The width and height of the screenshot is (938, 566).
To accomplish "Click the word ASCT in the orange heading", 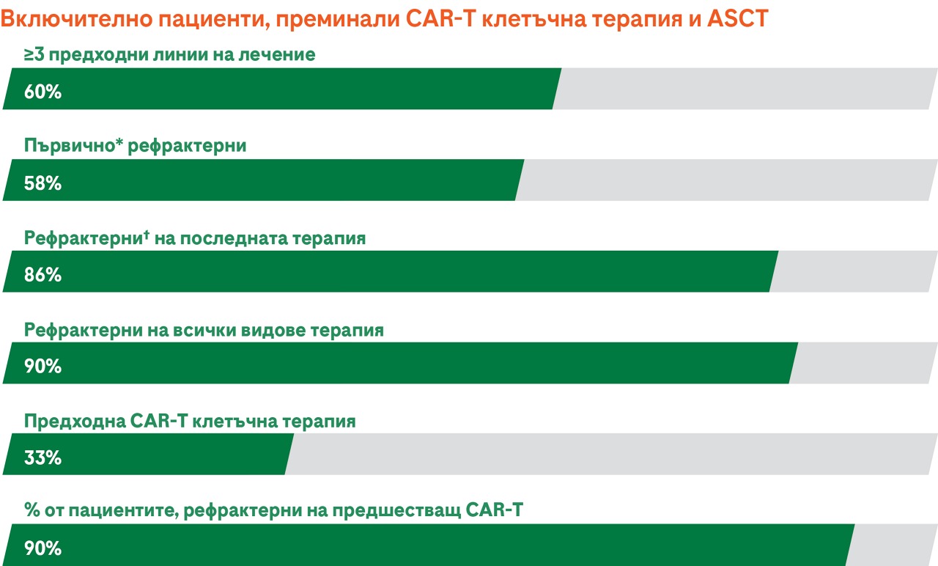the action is pos(737,18).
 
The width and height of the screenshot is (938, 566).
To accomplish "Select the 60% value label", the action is pos(43,92).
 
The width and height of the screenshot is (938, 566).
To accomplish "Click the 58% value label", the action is pos(43,183).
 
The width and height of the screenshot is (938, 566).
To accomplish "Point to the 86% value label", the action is pos(43,275).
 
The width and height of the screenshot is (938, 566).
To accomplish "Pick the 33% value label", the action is pos(43,457).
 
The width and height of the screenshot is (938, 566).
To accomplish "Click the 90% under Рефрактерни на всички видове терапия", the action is pos(43,366).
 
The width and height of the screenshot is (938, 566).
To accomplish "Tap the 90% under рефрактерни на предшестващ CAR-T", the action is pos(43,548).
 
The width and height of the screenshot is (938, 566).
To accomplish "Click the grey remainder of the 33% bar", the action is pos(611,454).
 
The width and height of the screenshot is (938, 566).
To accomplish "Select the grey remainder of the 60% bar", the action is pos(745,89).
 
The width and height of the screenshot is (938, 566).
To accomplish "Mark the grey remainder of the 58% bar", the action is pos(726,180).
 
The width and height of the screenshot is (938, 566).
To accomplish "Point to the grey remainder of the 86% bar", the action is pos(854,271).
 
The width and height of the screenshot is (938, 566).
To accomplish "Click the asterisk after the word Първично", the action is pos(119,141).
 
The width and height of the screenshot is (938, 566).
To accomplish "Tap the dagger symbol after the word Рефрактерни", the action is pos(146,235).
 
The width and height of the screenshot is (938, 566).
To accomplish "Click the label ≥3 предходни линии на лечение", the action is pos(169,55).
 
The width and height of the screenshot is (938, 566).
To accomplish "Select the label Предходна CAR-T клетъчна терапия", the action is pos(190,421).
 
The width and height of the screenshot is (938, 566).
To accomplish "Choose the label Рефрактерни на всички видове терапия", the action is pos(204,330).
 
